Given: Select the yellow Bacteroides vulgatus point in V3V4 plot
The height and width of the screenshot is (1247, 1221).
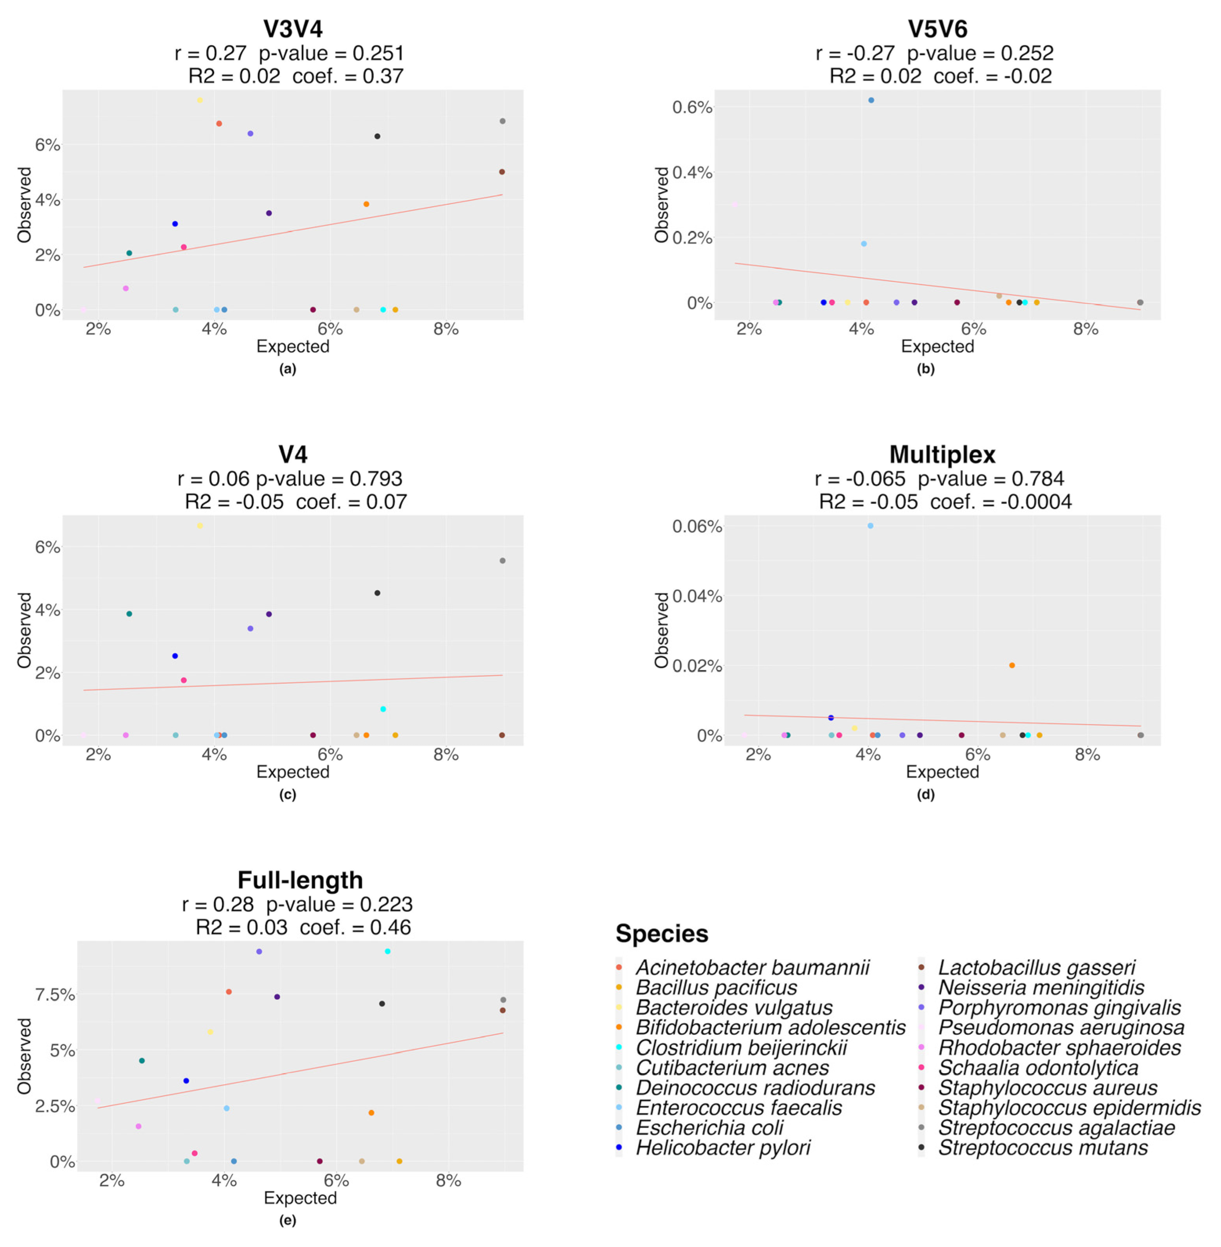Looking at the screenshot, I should click(200, 100).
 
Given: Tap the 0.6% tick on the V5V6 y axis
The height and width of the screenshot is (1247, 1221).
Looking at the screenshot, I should click(691, 107).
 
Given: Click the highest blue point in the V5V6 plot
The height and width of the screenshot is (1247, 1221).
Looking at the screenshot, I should click(871, 100).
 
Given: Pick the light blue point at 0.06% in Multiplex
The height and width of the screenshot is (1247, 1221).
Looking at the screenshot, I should click(870, 525).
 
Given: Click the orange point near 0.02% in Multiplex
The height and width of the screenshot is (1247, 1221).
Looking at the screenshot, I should click(1012, 665).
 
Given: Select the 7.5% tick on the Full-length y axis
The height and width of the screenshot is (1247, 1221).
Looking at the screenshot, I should click(54, 994).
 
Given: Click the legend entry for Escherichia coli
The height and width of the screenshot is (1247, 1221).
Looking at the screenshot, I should click(709, 1127).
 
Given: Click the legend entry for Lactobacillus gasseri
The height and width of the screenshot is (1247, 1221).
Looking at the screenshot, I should click(1036, 967).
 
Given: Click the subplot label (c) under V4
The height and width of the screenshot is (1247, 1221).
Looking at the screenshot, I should click(287, 794).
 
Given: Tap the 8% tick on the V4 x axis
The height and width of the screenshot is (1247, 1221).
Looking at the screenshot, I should click(446, 755).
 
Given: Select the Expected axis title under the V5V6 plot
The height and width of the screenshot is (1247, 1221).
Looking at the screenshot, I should click(937, 346).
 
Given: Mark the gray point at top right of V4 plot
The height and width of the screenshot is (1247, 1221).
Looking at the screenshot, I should click(502, 560).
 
